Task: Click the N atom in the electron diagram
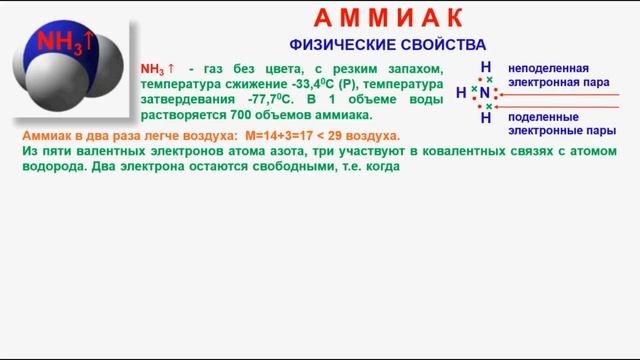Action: point(485,93)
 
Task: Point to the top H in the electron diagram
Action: point(485,68)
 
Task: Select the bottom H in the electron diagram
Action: point(485,117)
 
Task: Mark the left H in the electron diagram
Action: point(461,93)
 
